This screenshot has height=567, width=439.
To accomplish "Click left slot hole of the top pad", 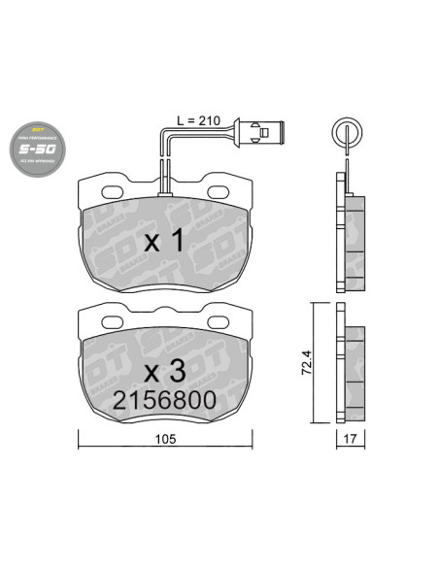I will (110, 190).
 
